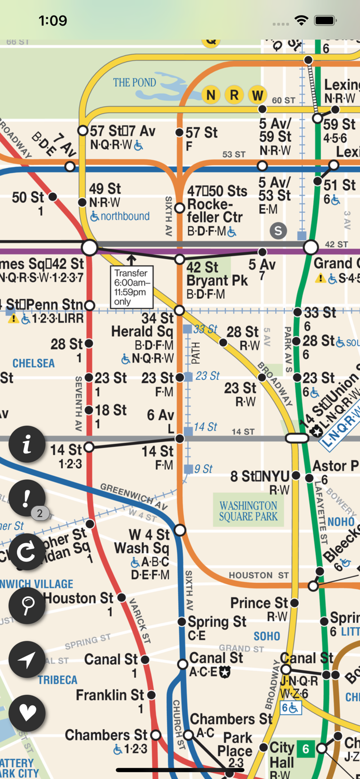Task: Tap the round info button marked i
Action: (27, 444)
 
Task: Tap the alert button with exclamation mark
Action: (27, 498)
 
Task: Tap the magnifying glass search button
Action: (27, 606)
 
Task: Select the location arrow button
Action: (27, 660)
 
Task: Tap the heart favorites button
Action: (27, 713)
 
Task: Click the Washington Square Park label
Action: (248, 511)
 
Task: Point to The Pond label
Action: (135, 83)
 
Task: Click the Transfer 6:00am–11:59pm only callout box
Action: (131, 287)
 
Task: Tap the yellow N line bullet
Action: (211, 95)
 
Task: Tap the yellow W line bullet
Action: (257, 95)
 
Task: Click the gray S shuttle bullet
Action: (278, 231)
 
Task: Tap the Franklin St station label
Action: (110, 695)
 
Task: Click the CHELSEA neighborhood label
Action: (33, 363)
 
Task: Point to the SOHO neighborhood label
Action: (266, 636)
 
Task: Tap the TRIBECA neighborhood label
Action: (57, 680)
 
